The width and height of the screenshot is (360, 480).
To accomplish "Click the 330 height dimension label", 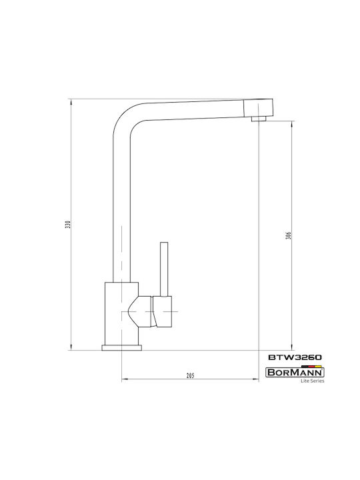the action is pos(69,225).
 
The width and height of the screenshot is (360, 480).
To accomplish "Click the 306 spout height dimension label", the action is pos(289,235).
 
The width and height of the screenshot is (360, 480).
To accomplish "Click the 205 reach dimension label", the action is pos(191,375).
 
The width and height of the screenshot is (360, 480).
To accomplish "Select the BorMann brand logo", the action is pos(295,372).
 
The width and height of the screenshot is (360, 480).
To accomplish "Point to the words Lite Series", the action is pos(312,381).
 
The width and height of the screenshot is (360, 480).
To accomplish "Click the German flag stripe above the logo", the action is pos(311,366).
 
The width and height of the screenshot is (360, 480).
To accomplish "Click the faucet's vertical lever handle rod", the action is pos(165,269).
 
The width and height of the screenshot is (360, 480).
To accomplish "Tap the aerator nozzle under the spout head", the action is pos(259,119).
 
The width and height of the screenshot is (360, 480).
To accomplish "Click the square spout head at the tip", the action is pos(258,107).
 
